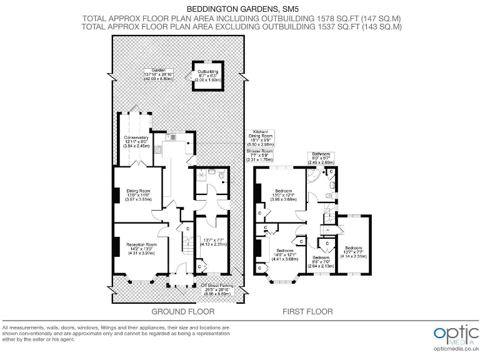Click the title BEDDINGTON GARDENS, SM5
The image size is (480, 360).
(x=241, y=8)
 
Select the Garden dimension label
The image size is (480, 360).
(x=157, y=74)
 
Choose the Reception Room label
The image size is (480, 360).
(x=140, y=247)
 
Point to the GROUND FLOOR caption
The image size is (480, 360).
(x=183, y=311)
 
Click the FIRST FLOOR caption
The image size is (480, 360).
(x=307, y=311)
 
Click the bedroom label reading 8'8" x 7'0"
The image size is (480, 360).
(x=321, y=261)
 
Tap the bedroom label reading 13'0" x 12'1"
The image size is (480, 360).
(x=284, y=196)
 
